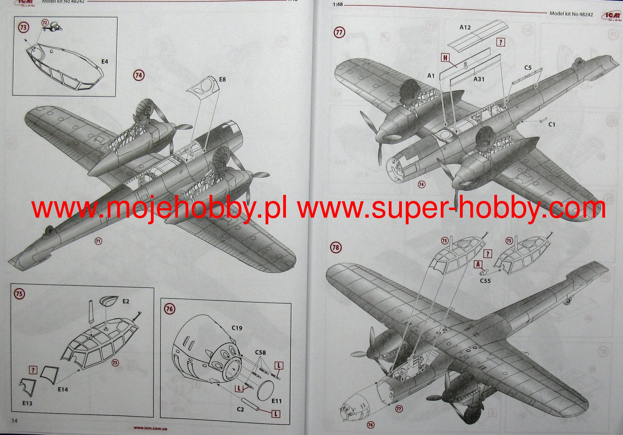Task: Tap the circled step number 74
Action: click(x=139, y=75)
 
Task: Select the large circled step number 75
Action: click(x=19, y=294)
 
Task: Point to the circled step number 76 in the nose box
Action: click(x=169, y=309)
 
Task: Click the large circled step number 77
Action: click(x=339, y=32)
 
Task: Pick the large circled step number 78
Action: click(x=336, y=247)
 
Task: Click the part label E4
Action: click(x=105, y=62)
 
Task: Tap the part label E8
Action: click(x=223, y=80)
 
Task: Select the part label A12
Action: click(x=465, y=28)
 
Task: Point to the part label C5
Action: click(x=528, y=68)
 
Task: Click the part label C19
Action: click(x=237, y=328)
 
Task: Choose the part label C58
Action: click(x=260, y=353)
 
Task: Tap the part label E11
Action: click(x=277, y=401)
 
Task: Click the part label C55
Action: click(x=485, y=281)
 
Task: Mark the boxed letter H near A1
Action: click(x=445, y=57)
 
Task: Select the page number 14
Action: click(x=15, y=421)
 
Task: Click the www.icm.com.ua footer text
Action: click(x=150, y=428)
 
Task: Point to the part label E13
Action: click(x=27, y=403)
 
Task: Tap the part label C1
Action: click(x=552, y=124)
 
